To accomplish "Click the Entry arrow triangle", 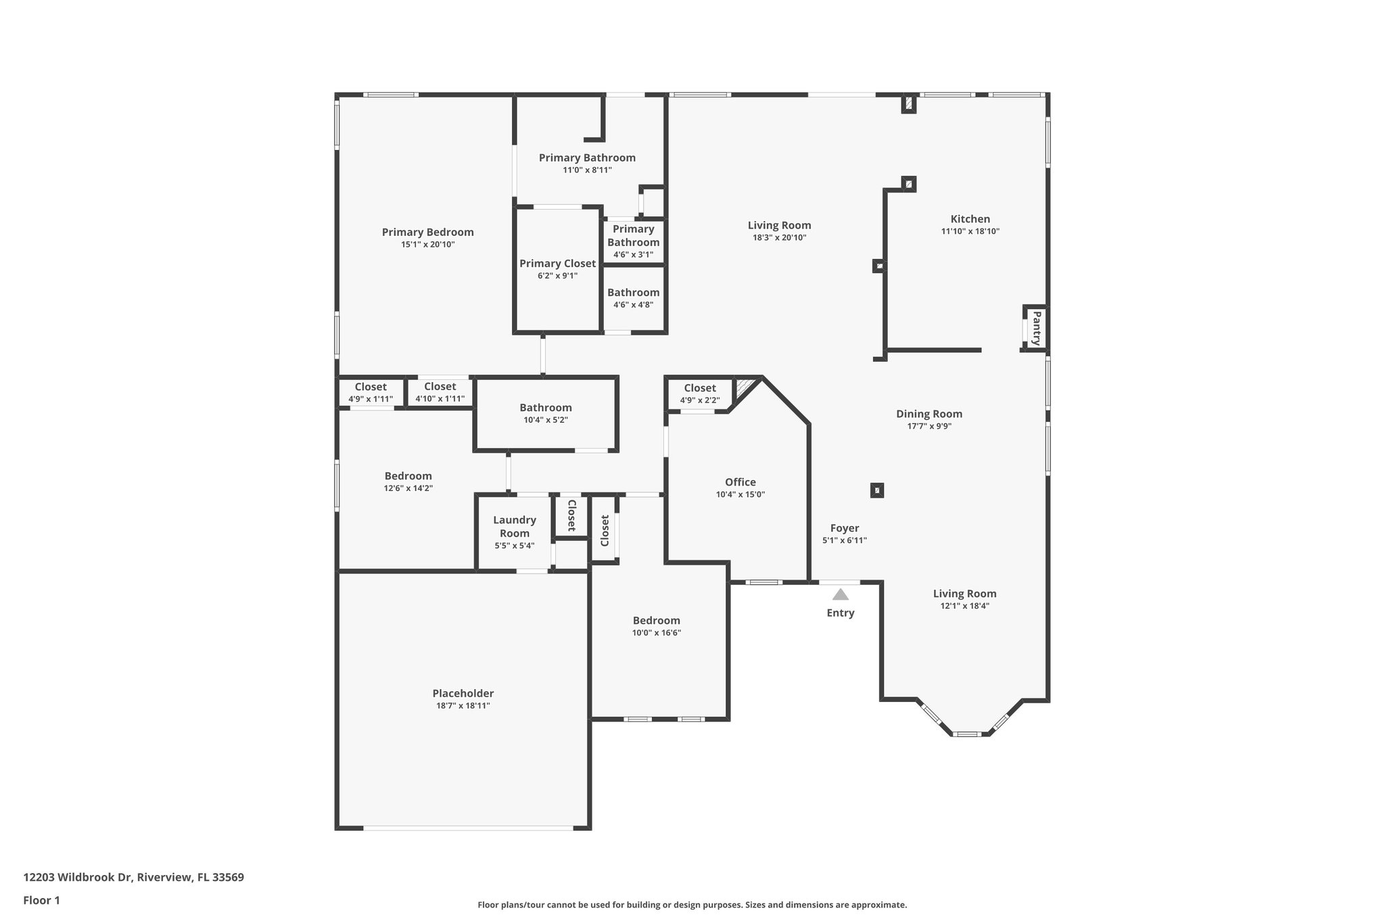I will click(840, 595).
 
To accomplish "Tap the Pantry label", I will click(1036, 328).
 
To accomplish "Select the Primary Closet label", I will click(557, 264).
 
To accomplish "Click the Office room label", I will click(740, 482).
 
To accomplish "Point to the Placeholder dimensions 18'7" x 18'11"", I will click(463, 706).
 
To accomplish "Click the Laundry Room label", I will click(514, 526).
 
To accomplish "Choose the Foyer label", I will click(844, 528).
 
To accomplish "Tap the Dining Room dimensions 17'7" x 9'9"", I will click(929, 427).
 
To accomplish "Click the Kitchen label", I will click(970, 219).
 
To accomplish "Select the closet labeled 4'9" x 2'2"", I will click(699, 394).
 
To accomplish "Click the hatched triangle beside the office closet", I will click(745, 387).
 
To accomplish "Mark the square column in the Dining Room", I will click(876, 490).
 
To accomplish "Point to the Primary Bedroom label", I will click(427, 232).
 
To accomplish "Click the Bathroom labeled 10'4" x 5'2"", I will click(545, 413).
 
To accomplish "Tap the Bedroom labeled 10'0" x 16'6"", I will click(656, 626).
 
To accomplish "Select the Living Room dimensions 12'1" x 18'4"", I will click(964, 607).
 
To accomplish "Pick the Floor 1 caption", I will click(41, 900).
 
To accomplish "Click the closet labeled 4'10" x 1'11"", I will click(440, 392).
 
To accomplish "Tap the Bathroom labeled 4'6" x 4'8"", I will click(633, 298).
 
